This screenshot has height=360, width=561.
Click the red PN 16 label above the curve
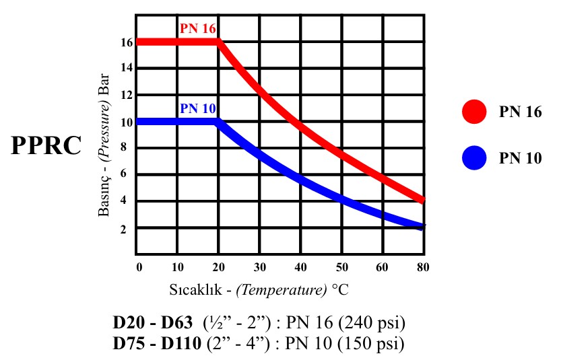(x=198, y=29)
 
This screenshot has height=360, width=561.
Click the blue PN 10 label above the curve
(x=198, y=108)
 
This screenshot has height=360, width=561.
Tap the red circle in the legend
(x=474, y=112)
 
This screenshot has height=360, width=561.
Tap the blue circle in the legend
(x=474, y=158)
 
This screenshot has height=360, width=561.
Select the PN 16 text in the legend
(x=520, y=112)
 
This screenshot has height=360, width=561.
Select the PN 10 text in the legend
(x=520, y=159)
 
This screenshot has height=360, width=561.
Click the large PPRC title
(x=46, y=146)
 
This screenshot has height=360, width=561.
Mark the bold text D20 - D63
(x=154, y=323)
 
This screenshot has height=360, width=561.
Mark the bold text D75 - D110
(x=157, y=345)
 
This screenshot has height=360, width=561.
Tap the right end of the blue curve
(x=422, y=227)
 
